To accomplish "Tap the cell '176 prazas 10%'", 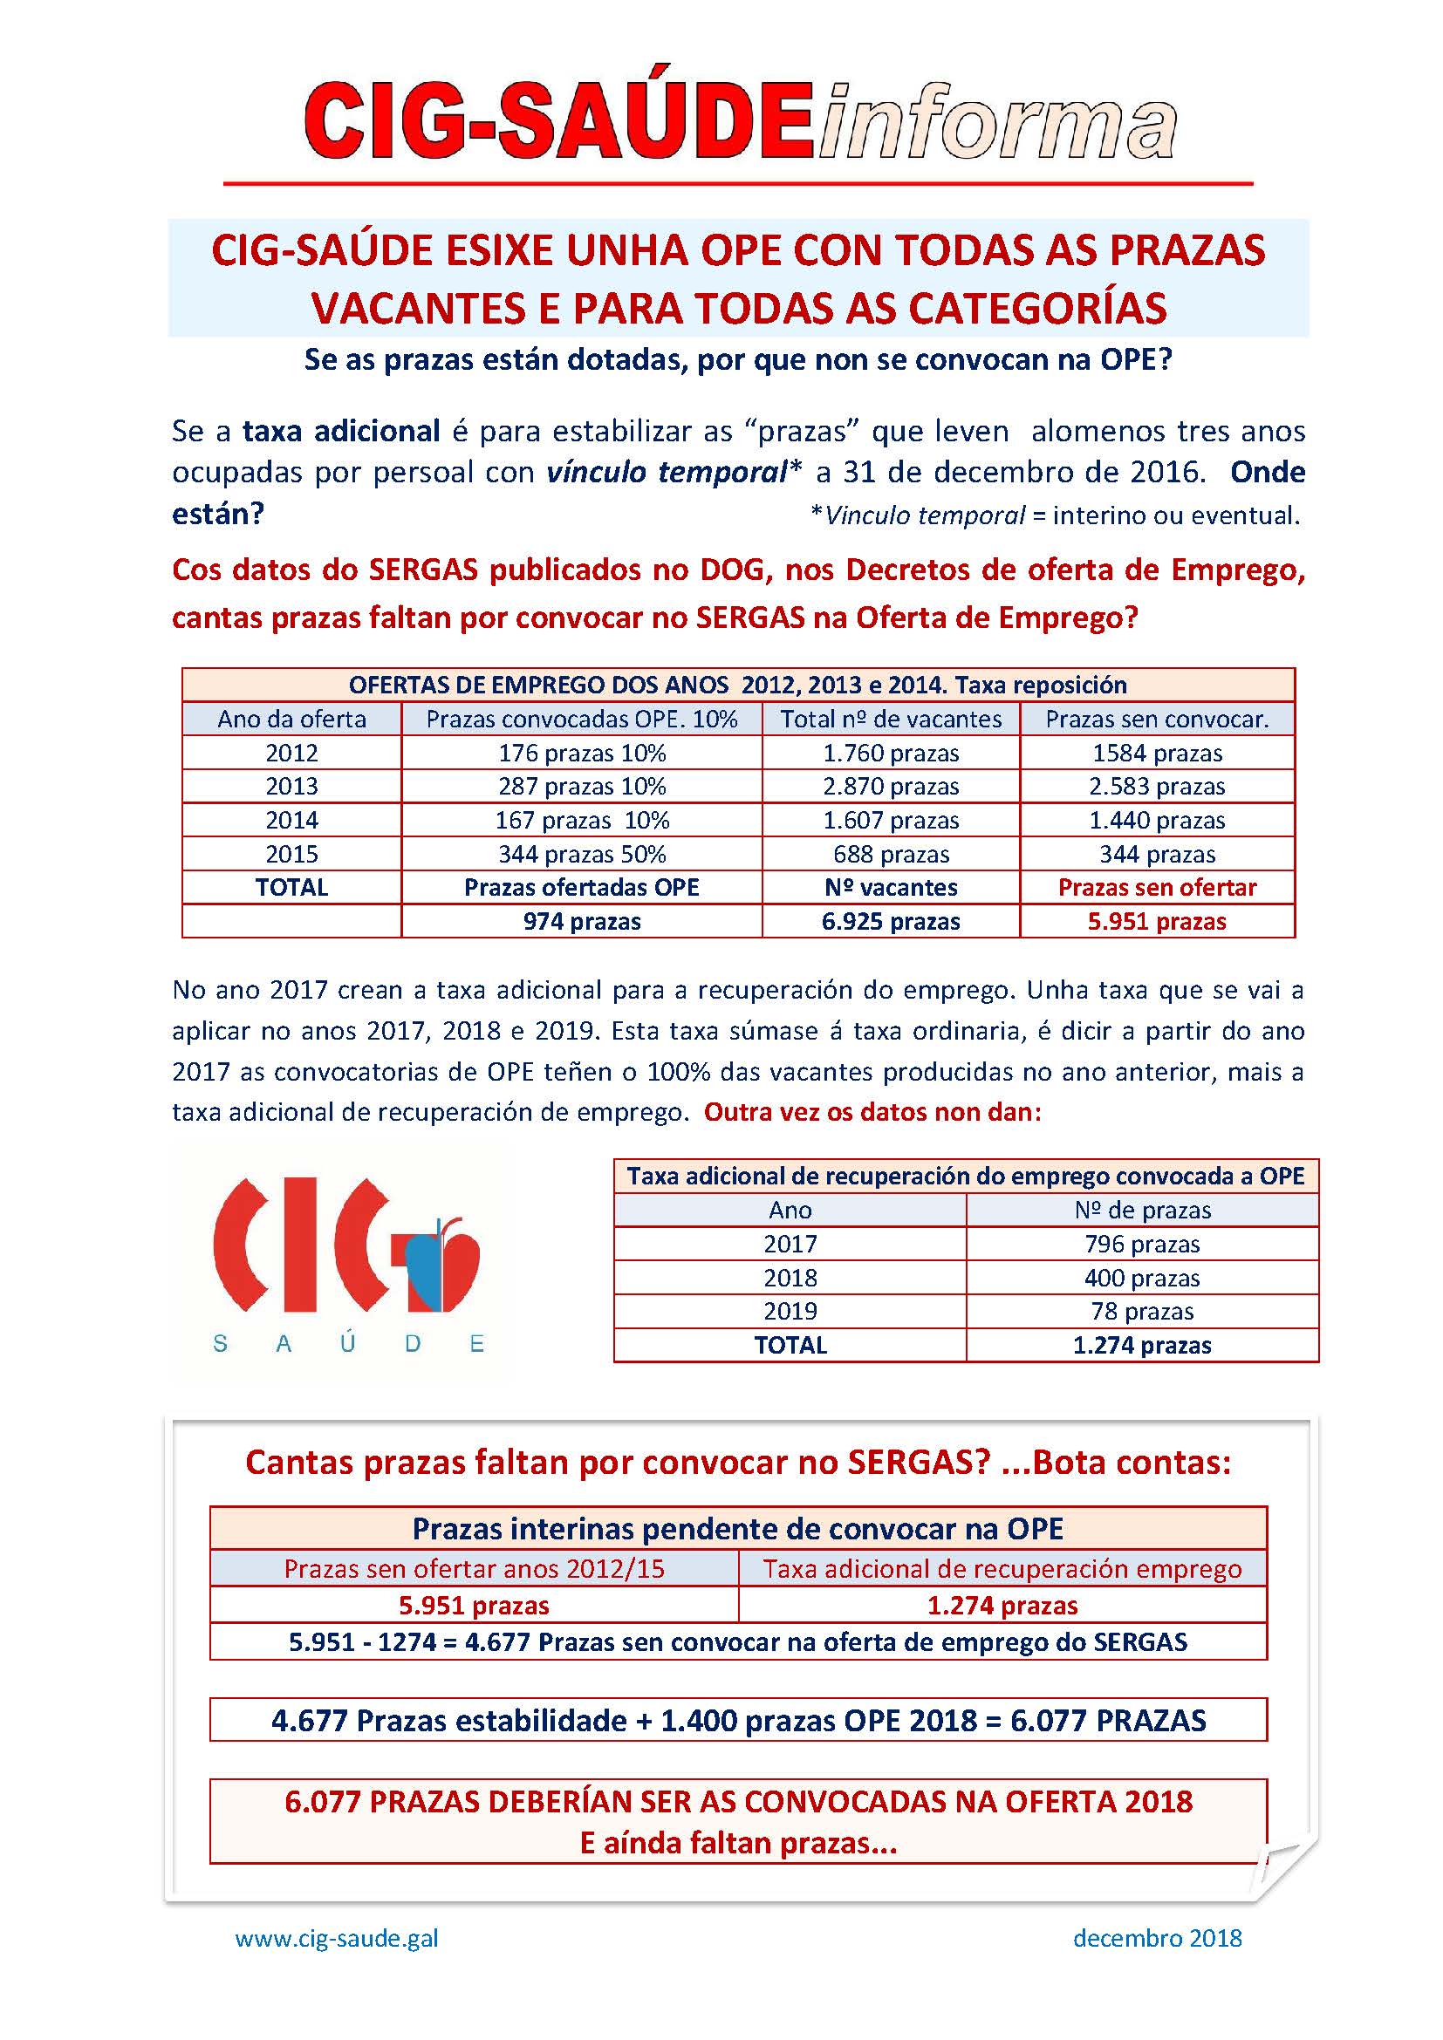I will (581, 754).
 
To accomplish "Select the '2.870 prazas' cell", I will (891, 787).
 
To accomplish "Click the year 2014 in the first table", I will (291, 820).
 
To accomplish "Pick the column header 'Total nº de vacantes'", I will (891, 719).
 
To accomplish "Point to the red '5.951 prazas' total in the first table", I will (1156, 921).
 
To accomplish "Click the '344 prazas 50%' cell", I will (581, 854).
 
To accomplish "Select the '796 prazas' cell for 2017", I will (1142, 1244).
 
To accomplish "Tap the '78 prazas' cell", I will (1142, 1312).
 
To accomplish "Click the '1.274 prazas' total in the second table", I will (1142, 1345).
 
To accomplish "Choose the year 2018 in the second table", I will (790, 1278).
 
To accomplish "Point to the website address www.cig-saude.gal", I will (337, 1938).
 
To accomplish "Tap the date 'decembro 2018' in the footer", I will (1157, 1938).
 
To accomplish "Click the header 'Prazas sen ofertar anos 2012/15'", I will (474, 1568).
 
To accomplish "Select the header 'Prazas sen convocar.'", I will (1156, 719).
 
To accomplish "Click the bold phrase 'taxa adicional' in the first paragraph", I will (341, 431).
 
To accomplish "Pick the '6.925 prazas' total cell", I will (891, 921).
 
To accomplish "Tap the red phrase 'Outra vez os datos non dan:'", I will (872, 1112).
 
